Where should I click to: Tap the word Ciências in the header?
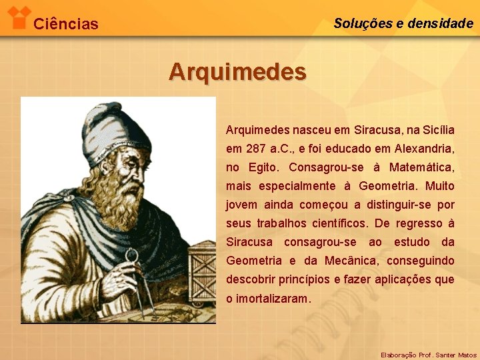point(65,25)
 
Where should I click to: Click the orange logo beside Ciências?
point(21,17)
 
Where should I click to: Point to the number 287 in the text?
point(257,148)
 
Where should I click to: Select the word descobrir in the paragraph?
point(249,279)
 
